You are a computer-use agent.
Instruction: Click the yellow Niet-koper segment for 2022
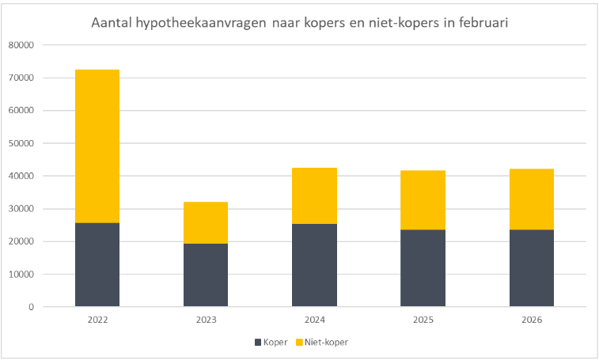97,146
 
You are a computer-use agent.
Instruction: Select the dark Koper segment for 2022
97,264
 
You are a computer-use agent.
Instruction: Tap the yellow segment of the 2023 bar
206,222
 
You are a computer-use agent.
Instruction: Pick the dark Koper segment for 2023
206,275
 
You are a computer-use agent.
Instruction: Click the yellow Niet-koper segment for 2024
314,195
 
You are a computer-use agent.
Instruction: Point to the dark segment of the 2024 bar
314,265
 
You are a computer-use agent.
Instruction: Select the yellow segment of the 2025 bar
423,200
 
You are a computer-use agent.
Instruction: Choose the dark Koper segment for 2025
423,267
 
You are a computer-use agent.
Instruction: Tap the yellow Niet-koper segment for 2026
531,199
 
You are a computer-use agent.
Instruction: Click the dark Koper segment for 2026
531,267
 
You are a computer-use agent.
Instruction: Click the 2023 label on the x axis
206,320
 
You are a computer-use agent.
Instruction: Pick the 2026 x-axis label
531,320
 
